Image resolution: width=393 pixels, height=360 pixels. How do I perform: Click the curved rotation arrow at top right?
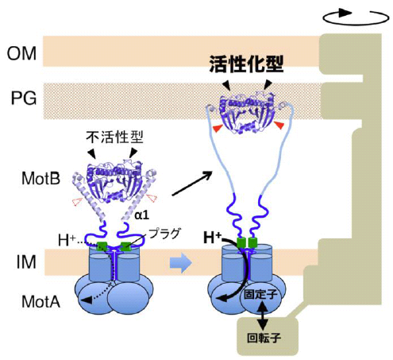(x=347, y=14)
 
